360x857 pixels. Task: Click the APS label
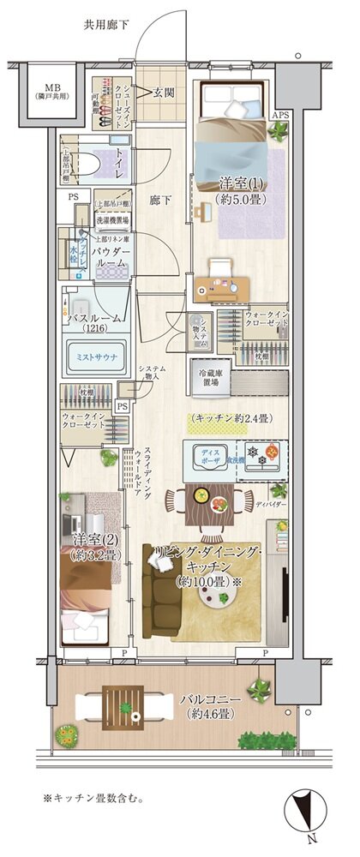click(x=281, y=115)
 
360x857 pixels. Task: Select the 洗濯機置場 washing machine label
click(x=112, y=219)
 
